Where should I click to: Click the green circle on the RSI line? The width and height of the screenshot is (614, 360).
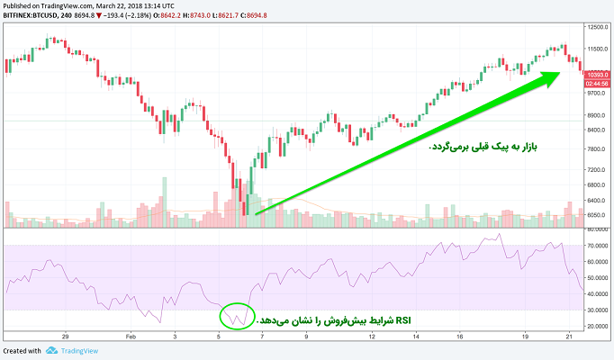click(236, 315)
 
